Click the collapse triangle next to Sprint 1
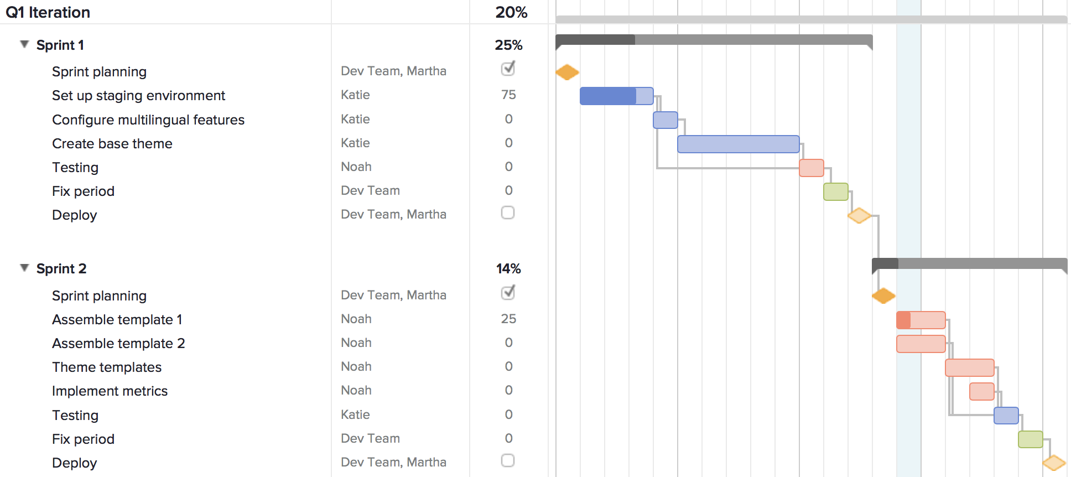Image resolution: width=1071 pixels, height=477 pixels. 24,44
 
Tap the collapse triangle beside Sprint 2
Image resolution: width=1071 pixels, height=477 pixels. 24,268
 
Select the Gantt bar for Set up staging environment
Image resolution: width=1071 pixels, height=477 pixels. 616,96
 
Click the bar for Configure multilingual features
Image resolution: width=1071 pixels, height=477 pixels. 665,120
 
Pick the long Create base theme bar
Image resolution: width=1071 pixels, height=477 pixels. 738,144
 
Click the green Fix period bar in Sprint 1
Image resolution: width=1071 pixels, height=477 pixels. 835,191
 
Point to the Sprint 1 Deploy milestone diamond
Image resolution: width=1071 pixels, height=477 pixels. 859,215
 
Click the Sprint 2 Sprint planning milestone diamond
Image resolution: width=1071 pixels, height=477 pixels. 883,296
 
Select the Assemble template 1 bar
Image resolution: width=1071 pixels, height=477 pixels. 921,320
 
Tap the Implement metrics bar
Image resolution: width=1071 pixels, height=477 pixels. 981,391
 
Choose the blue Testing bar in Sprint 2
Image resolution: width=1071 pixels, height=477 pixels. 1006,416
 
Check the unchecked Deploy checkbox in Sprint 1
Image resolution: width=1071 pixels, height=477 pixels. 508,213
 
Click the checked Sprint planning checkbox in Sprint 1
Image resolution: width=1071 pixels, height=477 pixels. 508,69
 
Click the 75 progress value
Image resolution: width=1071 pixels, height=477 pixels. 508,95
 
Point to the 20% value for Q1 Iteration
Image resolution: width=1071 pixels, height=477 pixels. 511,12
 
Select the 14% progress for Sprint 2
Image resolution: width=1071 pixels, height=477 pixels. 508,268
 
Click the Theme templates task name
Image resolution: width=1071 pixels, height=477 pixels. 107,367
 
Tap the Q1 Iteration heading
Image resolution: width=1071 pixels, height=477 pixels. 48,12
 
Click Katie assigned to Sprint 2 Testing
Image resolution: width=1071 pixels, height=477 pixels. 355,415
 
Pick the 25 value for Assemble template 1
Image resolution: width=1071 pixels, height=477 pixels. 508,319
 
